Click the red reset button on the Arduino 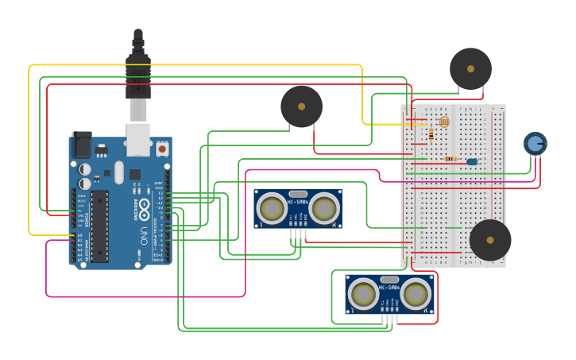162,148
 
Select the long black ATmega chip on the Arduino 99,226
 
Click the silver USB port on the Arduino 138,139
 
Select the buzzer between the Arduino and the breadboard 301,106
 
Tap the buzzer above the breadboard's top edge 470,69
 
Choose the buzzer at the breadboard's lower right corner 490,240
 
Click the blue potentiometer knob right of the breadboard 535,143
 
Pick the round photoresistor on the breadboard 444,122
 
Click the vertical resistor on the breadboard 431,134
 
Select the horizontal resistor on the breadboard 450,159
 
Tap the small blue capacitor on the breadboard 472,161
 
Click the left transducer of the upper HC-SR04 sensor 272,209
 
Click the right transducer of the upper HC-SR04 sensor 324,209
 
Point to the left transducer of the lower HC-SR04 363,294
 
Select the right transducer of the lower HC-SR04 416,294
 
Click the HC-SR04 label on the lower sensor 389,287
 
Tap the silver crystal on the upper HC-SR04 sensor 298,194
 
